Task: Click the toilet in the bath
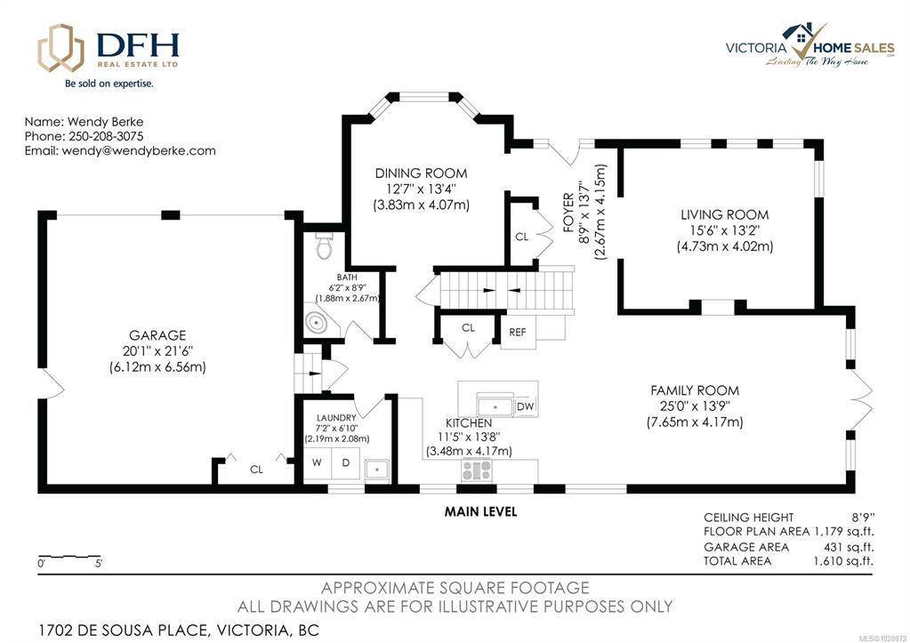(324, 246)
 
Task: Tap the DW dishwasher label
(525, 406)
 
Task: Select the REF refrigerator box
(518, 332)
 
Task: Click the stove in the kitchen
(477, 470)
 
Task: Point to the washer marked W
(317, 462)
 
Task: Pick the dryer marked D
(345, 462)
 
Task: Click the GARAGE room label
(157, 335)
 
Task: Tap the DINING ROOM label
(421, 173)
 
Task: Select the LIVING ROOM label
(724, 214)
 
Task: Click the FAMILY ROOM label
(695, 390)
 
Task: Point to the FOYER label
(568, 213)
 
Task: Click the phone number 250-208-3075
(106, 136)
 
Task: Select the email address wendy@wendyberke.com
(139, 151)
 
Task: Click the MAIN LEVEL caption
(480, 511)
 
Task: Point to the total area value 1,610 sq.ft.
(843, 560)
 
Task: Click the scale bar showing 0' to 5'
(69, 558)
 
